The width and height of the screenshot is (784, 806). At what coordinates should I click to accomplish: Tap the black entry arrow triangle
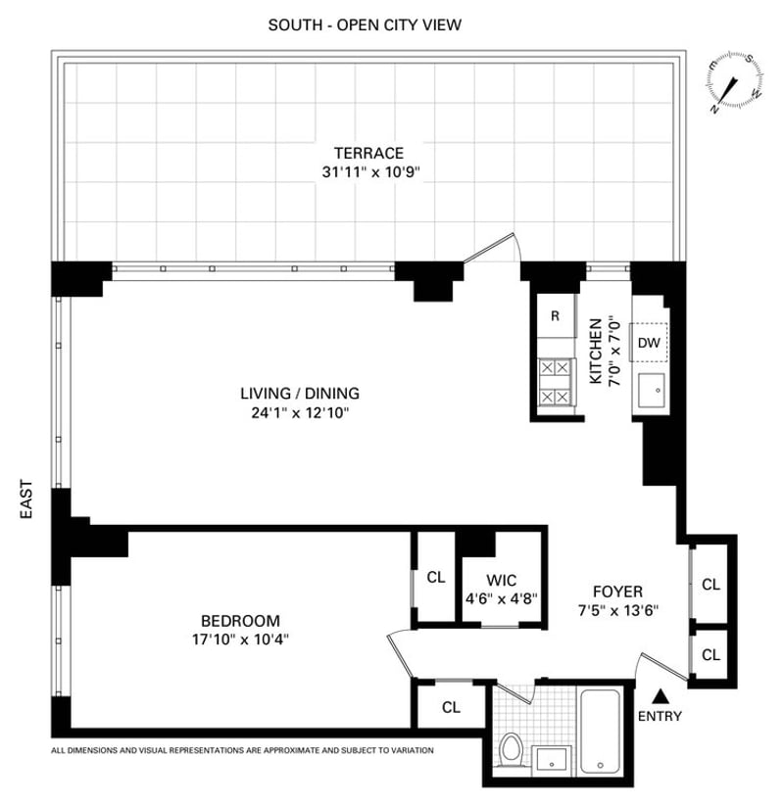tap(661, 696)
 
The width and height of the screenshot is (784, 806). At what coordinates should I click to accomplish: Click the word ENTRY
tap(660, 716)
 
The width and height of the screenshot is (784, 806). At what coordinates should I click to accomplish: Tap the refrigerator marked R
tap(555, 315)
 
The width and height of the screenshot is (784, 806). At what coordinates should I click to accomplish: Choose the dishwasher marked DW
tap(648, 342)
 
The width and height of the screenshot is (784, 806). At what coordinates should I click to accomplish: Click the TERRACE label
tap(368, 153)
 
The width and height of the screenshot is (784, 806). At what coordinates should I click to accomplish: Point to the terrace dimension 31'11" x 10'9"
tap(368, 172)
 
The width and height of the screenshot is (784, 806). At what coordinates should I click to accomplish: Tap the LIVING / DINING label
tap(300, 393)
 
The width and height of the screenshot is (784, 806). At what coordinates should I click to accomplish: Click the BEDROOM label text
tap(240, 620)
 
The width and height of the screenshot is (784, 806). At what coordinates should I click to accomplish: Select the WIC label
tap(500, 580)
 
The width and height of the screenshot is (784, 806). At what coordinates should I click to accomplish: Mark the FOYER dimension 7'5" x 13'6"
tap(617, 610)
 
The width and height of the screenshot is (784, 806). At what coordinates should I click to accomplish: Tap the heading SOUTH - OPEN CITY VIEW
tap(365, 24)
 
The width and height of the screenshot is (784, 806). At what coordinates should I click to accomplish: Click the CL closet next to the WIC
tap(436, 577)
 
